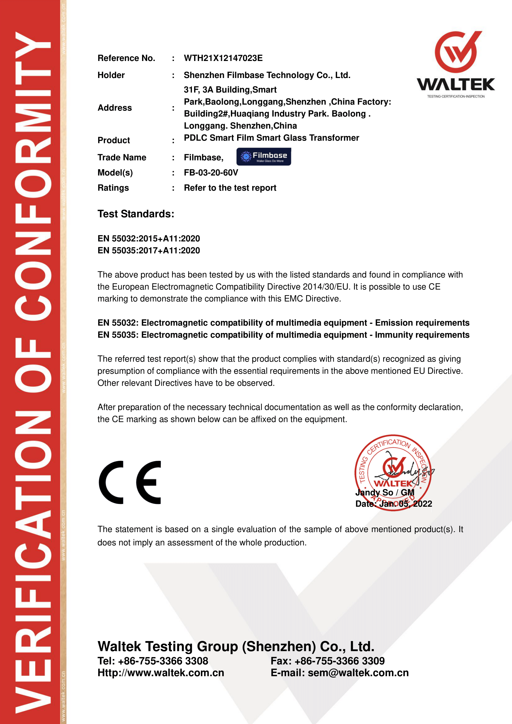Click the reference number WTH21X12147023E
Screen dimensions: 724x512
(x=223, y=58)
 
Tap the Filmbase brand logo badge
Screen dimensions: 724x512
(x=263, y=157)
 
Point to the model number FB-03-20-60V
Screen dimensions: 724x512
(x=211, y=172)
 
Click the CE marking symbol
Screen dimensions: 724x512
(x=130, y=482)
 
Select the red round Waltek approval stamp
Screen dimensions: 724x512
(x=393, y=472)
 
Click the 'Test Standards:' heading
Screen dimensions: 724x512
(x=136, y=214)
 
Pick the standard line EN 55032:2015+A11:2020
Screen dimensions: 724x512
(x=149, y=238)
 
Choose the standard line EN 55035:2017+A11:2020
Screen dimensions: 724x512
(x=149, y=250)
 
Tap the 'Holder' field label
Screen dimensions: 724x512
(x=111, y=75)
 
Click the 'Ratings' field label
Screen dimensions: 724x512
(x=113, y=188)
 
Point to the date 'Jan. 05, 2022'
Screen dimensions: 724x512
(x=406, y=504)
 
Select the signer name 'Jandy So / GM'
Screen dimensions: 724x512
(x=385, y=492)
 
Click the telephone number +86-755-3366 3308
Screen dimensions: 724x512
(x=163, y=661)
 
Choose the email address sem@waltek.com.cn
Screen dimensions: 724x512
(x=358, y=673)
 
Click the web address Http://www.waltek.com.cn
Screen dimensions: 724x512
(x=161, y=673)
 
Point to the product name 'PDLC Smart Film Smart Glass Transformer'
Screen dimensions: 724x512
(x=271, y=138)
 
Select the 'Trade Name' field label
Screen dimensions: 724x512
(x=122, y=157)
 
